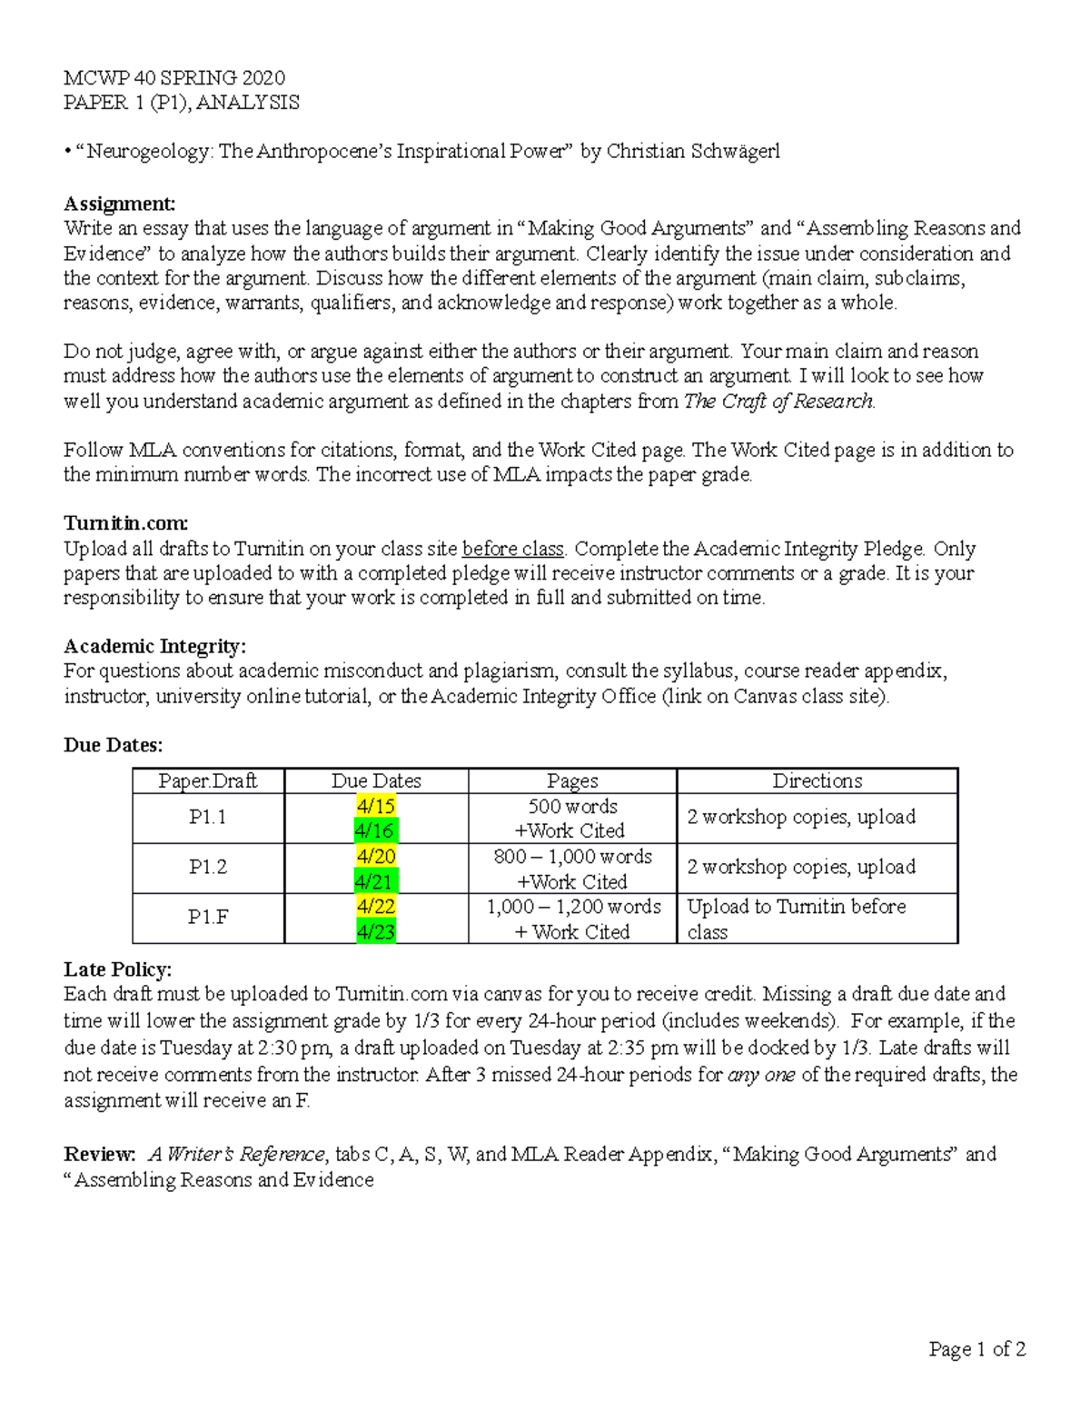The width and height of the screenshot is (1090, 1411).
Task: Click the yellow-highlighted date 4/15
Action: click(x=376, y=806)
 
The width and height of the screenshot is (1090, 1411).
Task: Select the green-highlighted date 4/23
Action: click(x=376, y=931)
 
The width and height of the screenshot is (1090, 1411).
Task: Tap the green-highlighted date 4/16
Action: click(x=376, y=830)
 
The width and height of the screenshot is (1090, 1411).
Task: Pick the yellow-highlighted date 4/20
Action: click(x=376, y=856)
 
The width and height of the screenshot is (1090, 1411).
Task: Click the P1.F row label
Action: click(x=207, y=918)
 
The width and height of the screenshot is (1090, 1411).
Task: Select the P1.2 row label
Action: click(x=207, y=868)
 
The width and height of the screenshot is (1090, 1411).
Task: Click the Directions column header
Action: click(x=817, y=780)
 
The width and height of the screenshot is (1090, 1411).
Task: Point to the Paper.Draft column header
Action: click(x=207, y=780)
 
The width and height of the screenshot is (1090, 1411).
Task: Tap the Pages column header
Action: click(x=572, y=780)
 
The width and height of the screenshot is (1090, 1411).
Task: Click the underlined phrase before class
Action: click(x=513, y=549)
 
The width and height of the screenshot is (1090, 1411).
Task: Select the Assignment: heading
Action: click(x=119, y=204)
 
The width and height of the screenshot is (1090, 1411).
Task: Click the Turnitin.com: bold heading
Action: click(x=125, y=523)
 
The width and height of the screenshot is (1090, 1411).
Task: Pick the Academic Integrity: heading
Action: click(x=154, y=646)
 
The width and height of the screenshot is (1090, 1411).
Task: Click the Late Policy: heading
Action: click(x=117, y=969)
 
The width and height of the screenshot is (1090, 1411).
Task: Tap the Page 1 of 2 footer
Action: click(x=976, y=1349)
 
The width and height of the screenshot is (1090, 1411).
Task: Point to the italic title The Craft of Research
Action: click(x=778, y=401)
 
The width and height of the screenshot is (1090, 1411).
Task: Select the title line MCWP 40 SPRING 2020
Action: click(x=173, y=78)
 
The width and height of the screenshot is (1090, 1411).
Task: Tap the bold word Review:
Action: click(x=99, y=1154)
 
